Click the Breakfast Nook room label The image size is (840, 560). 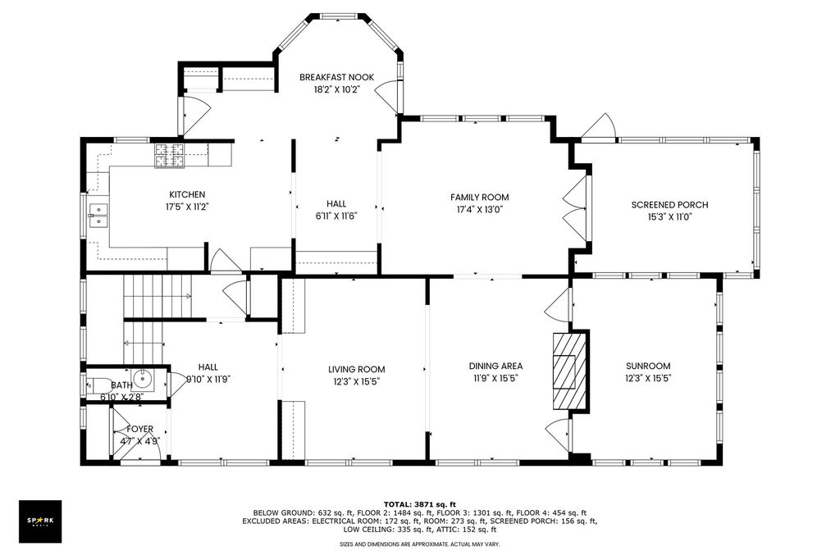(x=336, y=77)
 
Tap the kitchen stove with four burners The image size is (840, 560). (x=169, y=156)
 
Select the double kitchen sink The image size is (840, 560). (x=98, y=216)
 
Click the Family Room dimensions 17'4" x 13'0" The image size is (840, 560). (x=479, y=210)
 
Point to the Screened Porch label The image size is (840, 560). (x=669, y=204)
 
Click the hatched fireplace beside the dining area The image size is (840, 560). (x=571, y=371)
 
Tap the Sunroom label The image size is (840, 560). (x=648, y=367)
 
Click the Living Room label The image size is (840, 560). (x=357, y=369)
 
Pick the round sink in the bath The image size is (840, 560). (x=143, y=379)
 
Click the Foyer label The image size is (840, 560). (x=139, y=429)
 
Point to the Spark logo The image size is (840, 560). (x=40, y=521)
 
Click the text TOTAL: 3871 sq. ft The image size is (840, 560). (x=419, y=503)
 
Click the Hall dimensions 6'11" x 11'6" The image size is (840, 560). (x=336, y=216)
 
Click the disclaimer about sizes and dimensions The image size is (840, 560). (x=419, y=544)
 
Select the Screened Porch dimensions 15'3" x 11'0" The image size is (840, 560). (x=669, y=217)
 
